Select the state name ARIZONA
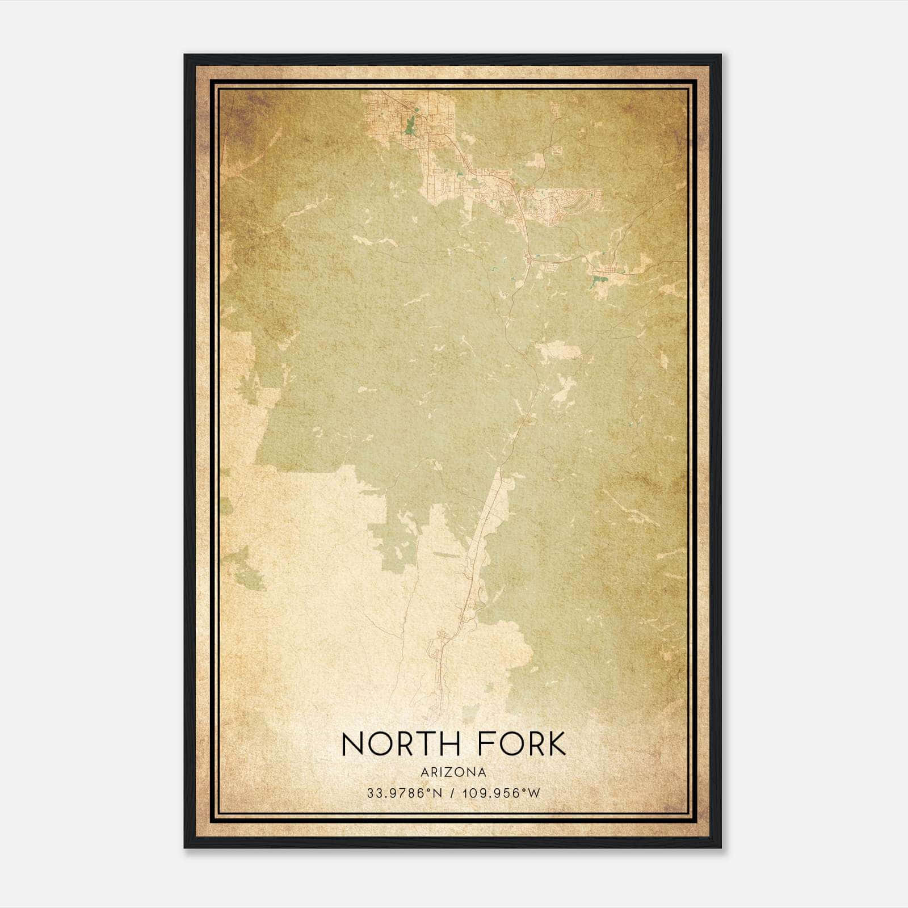(454, 772)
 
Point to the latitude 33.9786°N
(404, 793)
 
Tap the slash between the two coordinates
(452, 793)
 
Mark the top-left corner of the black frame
(185, 55)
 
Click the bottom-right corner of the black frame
(721, 848)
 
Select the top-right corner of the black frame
(721, 55)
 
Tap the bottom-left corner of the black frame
(185, 848)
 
